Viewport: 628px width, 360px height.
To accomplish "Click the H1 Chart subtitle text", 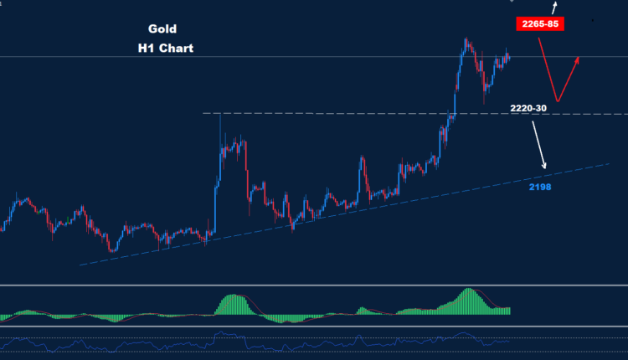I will click(x=166, y=49).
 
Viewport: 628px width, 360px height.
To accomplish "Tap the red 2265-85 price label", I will click(x=539, y=23).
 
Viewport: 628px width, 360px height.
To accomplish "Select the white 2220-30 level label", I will click(x=529, y=108).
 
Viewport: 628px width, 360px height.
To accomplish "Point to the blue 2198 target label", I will click(x=540, y=187).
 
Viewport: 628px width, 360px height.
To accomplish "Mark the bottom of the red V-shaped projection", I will click(x=555, y=100).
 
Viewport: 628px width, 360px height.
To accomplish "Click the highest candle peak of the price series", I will click(x=465, y=39).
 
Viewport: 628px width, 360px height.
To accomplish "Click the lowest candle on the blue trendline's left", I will click(x=111, y=249).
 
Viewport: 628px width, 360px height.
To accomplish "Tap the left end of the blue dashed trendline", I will click(x=80, y=265).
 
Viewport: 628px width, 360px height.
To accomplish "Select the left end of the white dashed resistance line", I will click(x=204, y=113).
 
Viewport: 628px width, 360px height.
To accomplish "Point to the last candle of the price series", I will click(x=509, y=55).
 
